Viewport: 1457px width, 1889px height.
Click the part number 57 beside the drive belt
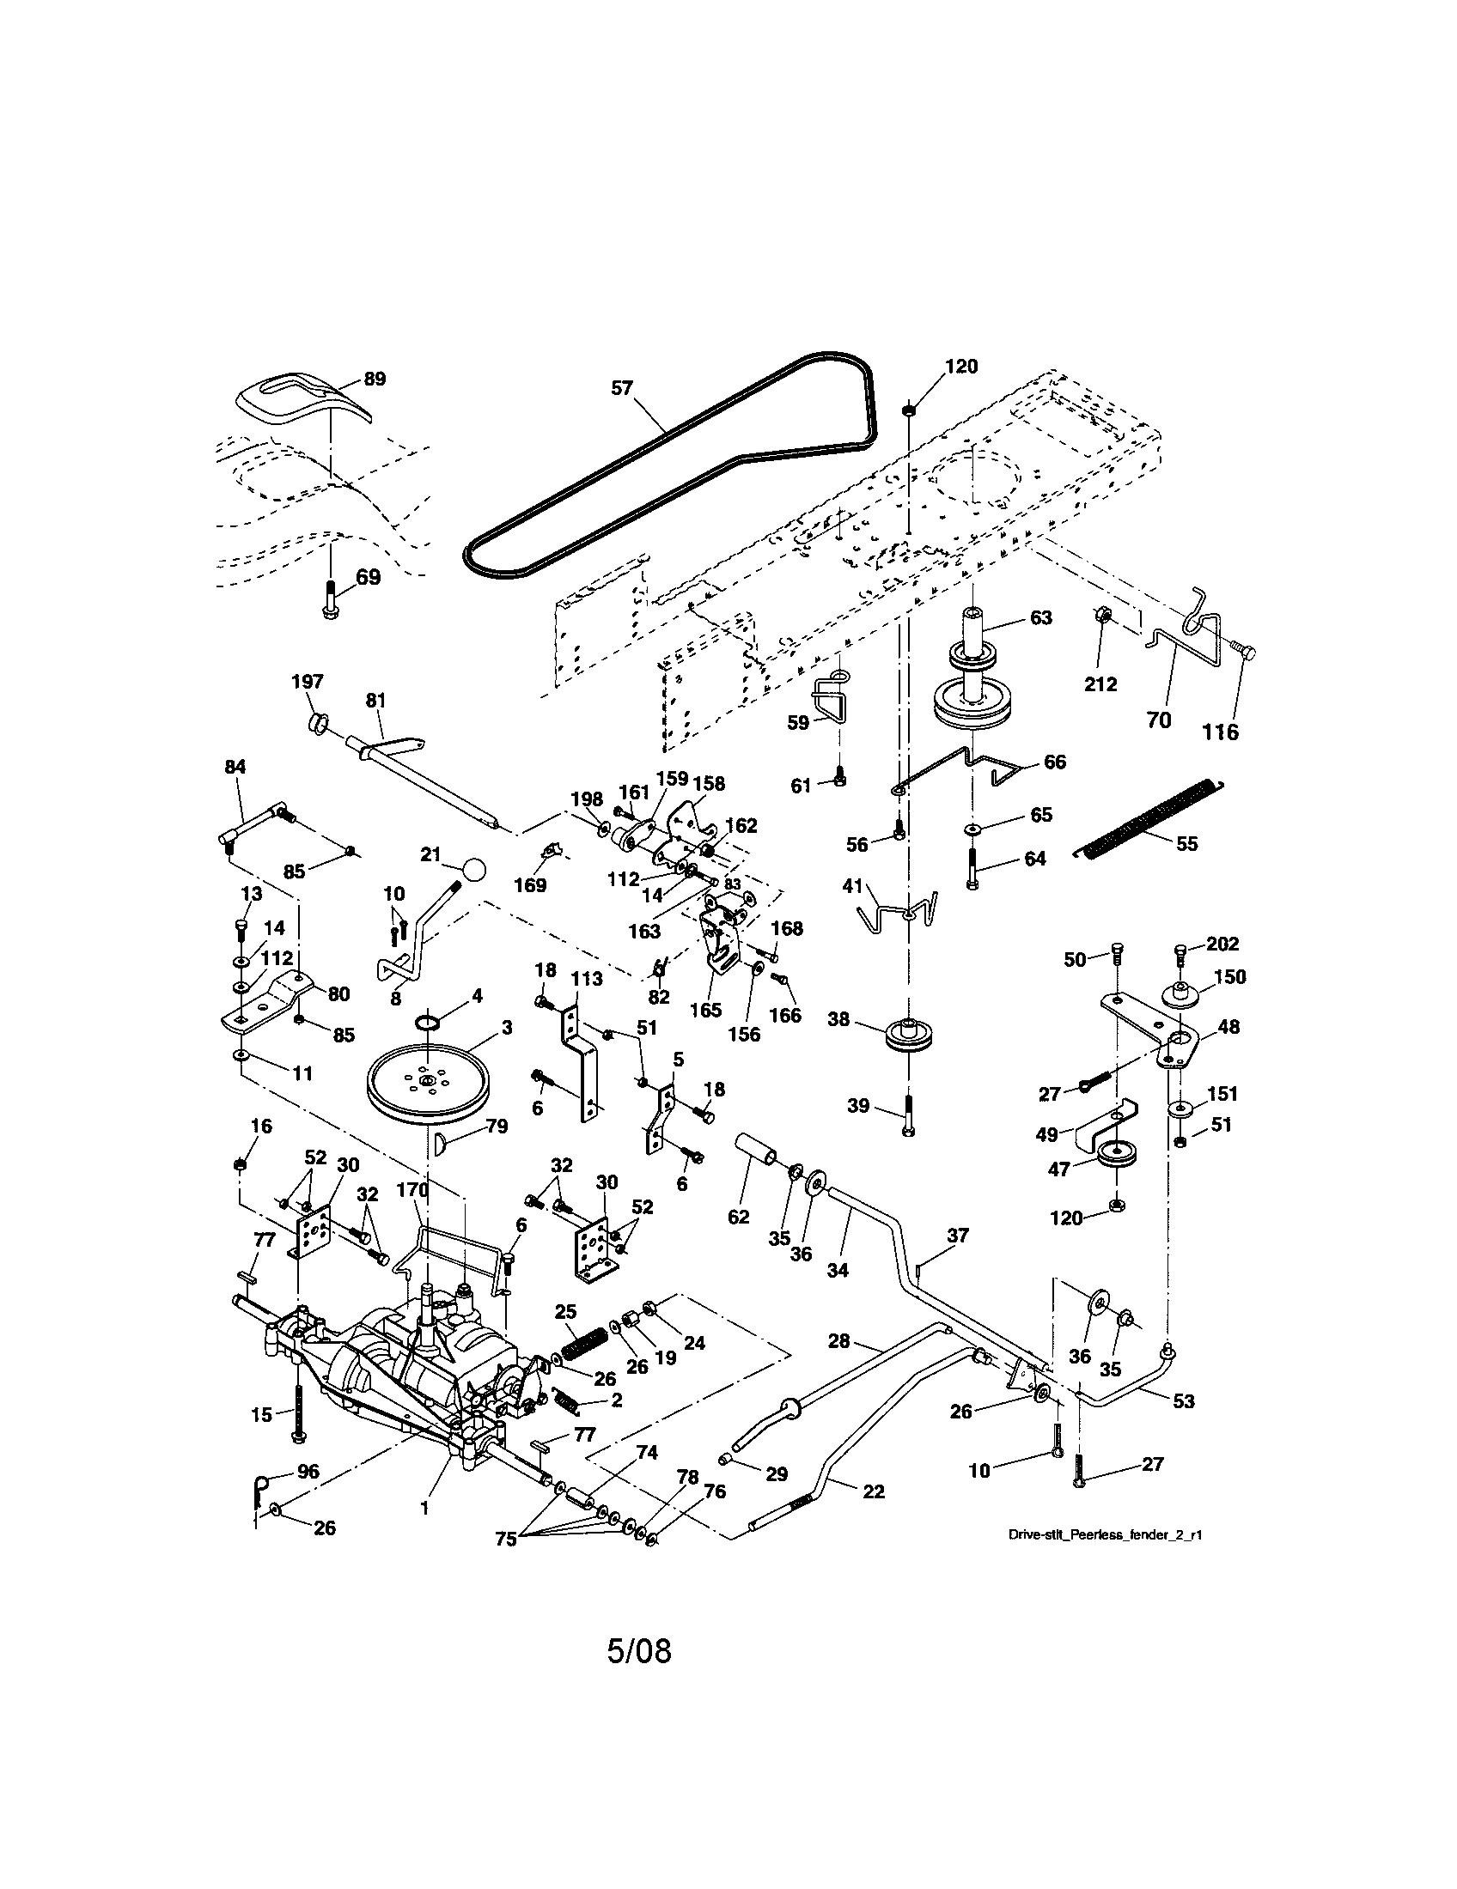[x=622, y=388]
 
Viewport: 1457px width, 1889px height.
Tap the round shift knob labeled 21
[x=473, y=869]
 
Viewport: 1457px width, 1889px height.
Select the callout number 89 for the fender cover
[x=374, y=379]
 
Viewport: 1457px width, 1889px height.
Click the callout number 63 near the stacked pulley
[x=1041, y=618]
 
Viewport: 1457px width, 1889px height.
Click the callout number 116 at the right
[x=1220, y=732]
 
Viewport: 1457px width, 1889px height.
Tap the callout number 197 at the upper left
[x=308, y=682]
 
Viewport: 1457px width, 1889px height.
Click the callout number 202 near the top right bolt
[x=1222, y=944]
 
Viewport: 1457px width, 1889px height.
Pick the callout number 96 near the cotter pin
[x=308, y=1471]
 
